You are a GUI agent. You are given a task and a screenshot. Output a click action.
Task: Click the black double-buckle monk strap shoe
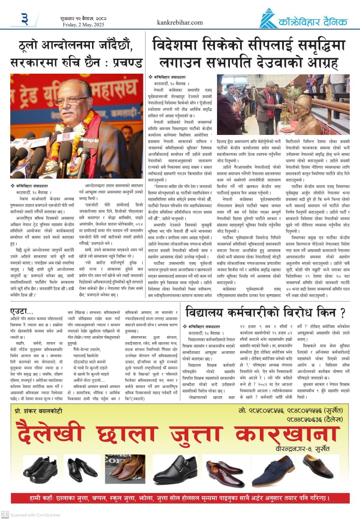(x=175, y=469)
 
